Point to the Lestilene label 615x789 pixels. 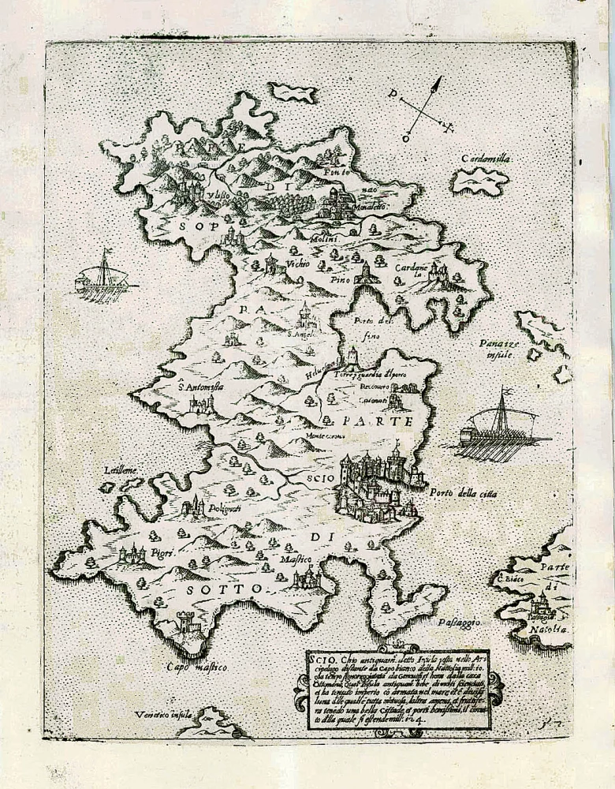[120, 470]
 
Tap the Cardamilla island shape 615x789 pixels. [479, 181]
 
